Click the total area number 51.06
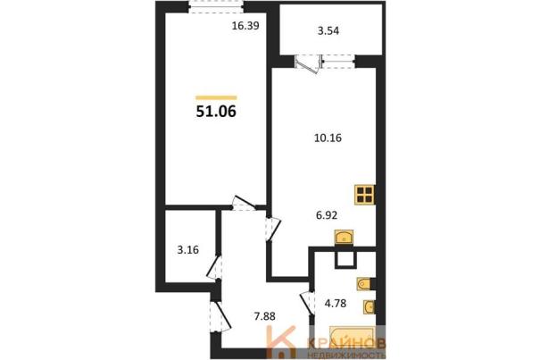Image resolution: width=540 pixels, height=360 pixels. [216, 112]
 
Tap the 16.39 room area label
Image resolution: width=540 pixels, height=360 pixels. [245, 26]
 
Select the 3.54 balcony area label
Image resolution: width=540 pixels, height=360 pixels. [328, 31]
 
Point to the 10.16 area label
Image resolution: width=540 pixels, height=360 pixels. [328, 138]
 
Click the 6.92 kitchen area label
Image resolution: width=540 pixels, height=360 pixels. [327, 215]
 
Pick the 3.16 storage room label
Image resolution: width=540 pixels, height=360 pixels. [188, 249]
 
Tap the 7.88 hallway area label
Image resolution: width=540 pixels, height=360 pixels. [264, 316]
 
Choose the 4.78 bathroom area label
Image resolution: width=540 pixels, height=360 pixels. [336, 304]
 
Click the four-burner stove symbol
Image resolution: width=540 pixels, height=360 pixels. [365, 195]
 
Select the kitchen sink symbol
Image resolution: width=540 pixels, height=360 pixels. [344, 238]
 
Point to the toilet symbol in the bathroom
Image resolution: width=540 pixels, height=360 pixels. [363, 284]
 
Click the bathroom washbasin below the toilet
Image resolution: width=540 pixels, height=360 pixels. [369, 307]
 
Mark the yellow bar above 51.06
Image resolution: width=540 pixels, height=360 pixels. [216, 98]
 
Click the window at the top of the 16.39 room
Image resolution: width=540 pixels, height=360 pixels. [217, 7]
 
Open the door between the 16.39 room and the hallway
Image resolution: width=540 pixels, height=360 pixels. [244, 204]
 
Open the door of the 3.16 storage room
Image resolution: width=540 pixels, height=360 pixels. [214, 266]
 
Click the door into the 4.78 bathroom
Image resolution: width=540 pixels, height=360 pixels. [308, 304]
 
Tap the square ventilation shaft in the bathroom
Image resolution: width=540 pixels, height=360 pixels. [345, 259]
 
